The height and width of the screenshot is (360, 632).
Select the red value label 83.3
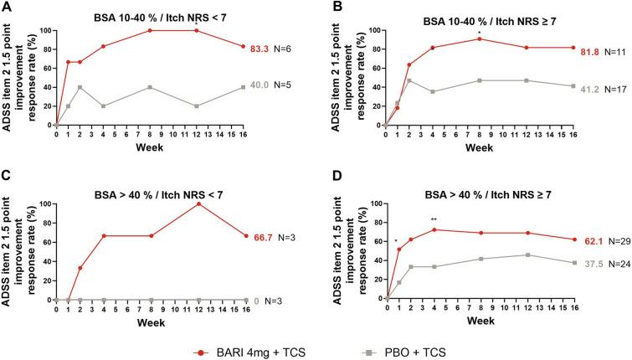[262, 49]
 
